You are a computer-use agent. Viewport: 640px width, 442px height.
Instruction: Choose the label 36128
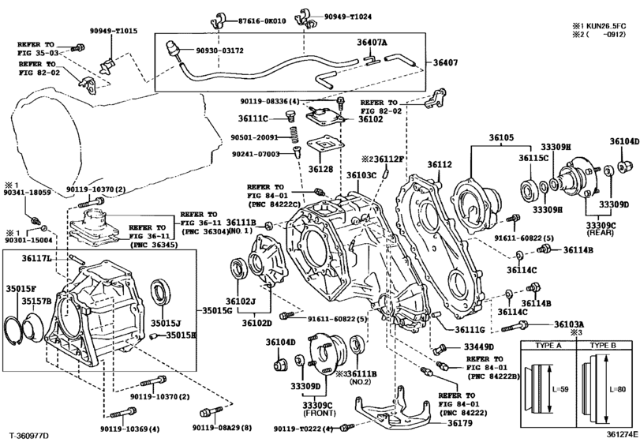click(x=320, y=168)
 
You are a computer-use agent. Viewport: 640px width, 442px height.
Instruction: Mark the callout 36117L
click(x=36, y=258)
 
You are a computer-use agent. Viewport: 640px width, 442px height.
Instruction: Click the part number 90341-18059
click(x=26, y=193)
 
